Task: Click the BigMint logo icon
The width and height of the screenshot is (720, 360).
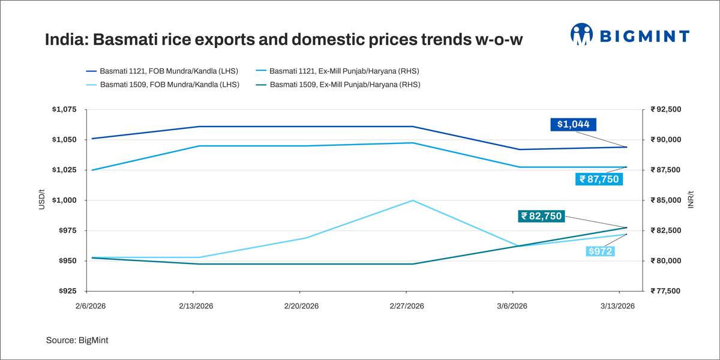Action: tap(581, 35)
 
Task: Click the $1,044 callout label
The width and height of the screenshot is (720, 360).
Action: tap(573, 125)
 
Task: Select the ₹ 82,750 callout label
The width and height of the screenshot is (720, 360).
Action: tap(541, 216)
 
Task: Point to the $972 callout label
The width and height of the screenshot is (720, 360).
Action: tap(599, 251)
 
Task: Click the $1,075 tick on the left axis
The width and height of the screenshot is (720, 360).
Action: tap(64, 110)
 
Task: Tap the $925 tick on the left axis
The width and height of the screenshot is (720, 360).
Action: tap(67, 291)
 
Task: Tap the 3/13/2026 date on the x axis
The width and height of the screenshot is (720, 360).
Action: tap(618, 306)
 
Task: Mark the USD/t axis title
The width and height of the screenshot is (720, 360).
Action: tap(41, 200)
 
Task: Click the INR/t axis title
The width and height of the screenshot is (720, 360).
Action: tap(691, 200)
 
